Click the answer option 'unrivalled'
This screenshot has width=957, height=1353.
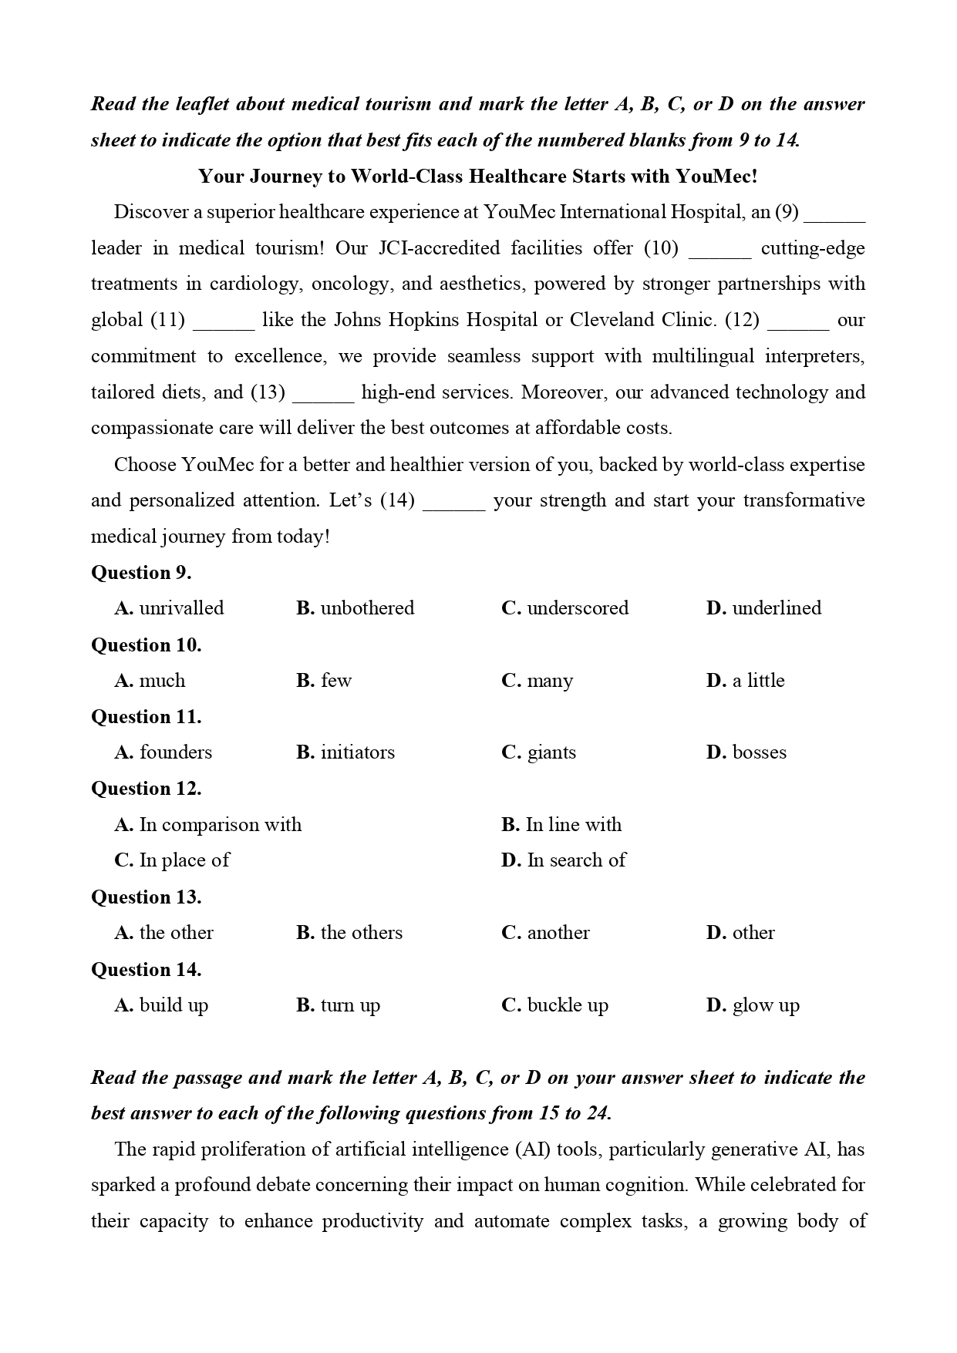coord(180,608)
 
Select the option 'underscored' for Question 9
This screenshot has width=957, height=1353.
coord(577,608)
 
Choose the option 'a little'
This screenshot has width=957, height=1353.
coord(757,681)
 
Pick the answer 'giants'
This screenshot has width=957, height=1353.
coord(551,752)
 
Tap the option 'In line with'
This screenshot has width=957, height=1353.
coord(573,825)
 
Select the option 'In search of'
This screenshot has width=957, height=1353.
coord(575,860)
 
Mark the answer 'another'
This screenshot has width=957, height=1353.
coord(558,933)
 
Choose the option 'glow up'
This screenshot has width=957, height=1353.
coord(765,1005)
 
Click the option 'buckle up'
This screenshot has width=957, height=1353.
coord(567,1005)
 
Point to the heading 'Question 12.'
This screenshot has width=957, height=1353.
coord(147,789)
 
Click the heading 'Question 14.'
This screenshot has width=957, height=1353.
coord(147,970)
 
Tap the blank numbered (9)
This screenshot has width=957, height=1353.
coord(834,214)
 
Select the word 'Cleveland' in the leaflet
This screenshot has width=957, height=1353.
coord(612,320)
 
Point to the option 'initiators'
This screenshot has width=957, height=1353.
coord(357,752)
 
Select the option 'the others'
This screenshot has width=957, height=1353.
coord(361,933)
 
